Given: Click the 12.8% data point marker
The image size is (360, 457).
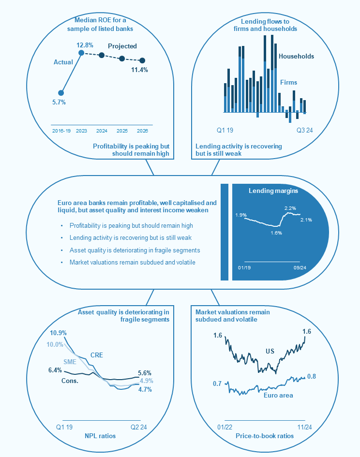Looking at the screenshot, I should (81, 52).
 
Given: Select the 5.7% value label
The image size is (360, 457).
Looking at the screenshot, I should (59, 103).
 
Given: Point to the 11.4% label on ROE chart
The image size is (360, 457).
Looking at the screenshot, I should (140, 70).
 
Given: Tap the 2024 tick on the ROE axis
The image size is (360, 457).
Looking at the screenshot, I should (102, 131).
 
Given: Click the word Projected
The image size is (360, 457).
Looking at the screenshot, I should (122, 46).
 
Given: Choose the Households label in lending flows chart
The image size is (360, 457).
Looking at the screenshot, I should (296, 57).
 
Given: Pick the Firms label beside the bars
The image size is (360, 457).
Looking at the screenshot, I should (289, 83).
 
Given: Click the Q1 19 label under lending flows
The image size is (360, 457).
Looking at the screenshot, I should (225, 130).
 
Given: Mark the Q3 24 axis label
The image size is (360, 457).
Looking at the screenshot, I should (305, 130).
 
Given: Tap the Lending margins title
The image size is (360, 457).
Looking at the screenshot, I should (273, 191).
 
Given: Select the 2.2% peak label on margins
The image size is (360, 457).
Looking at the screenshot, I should (290, 208).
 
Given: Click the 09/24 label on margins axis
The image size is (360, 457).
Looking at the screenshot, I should (300, 267).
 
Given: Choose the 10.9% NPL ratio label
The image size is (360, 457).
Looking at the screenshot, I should (58, 333).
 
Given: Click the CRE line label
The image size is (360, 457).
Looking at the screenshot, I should (96, 355).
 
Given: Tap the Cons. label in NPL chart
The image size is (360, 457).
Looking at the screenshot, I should (70, 381).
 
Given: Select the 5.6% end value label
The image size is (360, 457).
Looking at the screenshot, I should (145, 373).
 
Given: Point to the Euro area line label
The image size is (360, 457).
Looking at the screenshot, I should (278, 395).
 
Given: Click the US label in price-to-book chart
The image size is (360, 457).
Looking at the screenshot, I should (270, 351).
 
